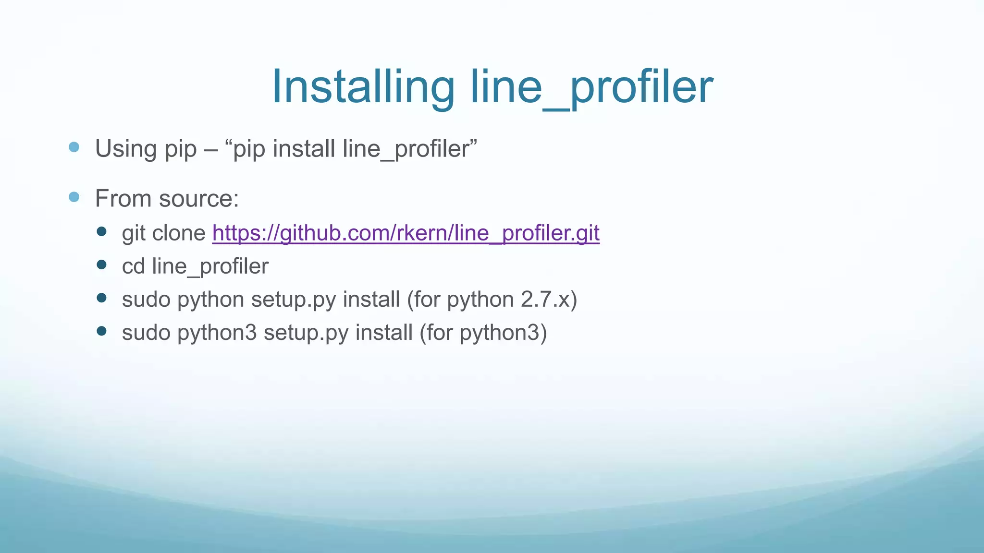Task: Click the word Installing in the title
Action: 363,87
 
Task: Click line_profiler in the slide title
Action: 591,87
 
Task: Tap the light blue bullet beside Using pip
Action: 74,147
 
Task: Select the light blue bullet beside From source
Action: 74,197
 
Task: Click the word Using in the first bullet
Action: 126,149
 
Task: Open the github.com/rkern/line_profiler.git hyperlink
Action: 406,233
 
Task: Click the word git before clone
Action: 134,233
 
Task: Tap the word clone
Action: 179,233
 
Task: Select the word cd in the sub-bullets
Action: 133,266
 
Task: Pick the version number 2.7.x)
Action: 549,300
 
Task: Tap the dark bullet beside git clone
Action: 101,232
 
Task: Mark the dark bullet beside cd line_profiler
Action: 101,265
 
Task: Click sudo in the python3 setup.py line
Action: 146,333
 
